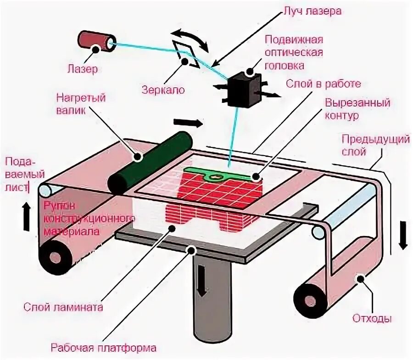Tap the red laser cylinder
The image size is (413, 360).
[x=95, y=40]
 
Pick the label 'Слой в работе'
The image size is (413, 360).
[x=323, y=84]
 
